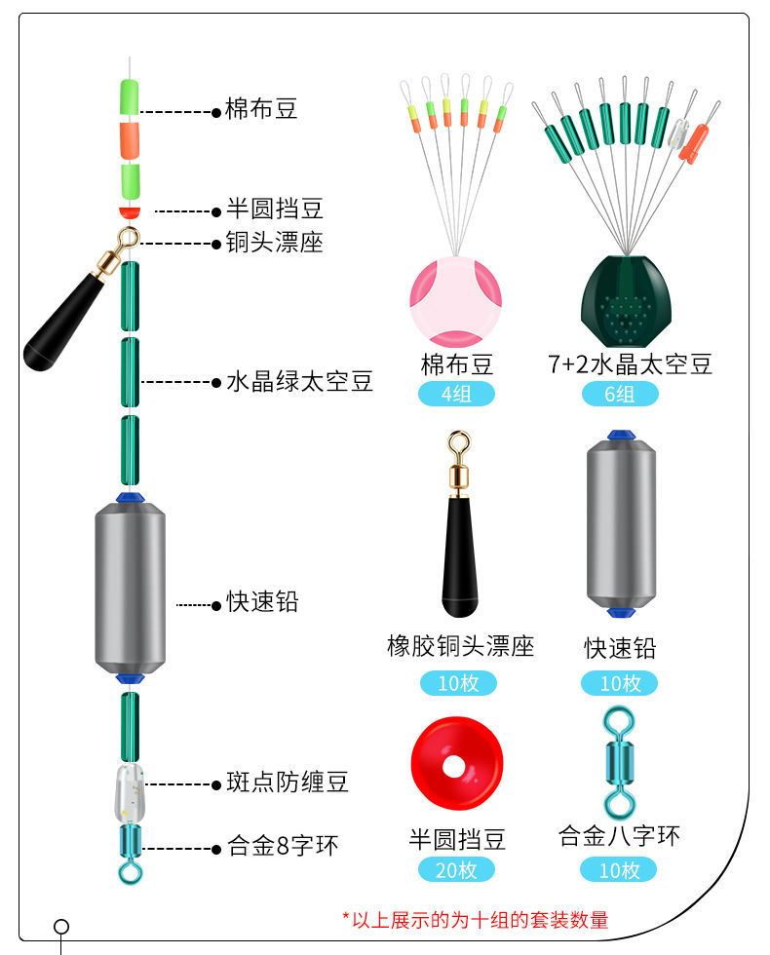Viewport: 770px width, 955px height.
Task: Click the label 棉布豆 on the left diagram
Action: click(261, 109)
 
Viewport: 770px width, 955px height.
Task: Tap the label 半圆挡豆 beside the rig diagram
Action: click(274, 210)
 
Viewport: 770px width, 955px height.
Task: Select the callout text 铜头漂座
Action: click(274, 243)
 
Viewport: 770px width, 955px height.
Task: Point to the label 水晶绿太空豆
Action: click(299, 381)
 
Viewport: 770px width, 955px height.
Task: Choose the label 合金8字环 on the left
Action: click(283, 847)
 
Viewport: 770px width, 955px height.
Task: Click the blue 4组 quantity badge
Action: click(456, 395)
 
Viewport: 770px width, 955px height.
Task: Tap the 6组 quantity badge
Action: click(620, 395)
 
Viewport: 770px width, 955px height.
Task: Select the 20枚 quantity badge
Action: click(456, 870)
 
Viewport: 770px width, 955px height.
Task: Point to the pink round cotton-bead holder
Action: click(456, 301)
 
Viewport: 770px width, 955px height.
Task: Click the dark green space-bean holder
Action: click(621, 296)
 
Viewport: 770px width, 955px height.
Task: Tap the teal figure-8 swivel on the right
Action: click(618, 763)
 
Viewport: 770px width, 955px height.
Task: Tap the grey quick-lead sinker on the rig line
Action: click(130, 585)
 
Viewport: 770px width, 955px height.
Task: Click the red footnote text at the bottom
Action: click(475, 919)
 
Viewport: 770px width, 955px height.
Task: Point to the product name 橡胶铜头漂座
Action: click(460, 646)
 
